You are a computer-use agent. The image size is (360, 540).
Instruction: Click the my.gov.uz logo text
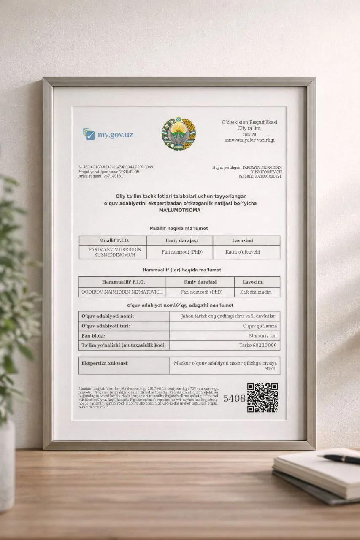115,135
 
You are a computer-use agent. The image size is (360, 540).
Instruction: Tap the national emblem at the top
179,135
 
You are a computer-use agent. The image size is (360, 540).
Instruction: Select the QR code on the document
262,397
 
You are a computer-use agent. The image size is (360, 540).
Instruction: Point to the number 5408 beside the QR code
234,398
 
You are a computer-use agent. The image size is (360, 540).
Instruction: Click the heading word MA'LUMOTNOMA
180,210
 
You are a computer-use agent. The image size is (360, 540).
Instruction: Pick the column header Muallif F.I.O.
114,240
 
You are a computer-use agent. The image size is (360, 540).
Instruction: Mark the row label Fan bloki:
93,336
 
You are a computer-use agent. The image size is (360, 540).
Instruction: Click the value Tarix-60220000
258,346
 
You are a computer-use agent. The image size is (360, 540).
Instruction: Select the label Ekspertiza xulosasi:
105,363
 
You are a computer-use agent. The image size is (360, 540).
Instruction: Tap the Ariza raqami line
101,176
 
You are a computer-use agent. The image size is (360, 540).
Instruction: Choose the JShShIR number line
260,176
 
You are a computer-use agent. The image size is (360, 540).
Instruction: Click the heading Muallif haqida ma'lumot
179,228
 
